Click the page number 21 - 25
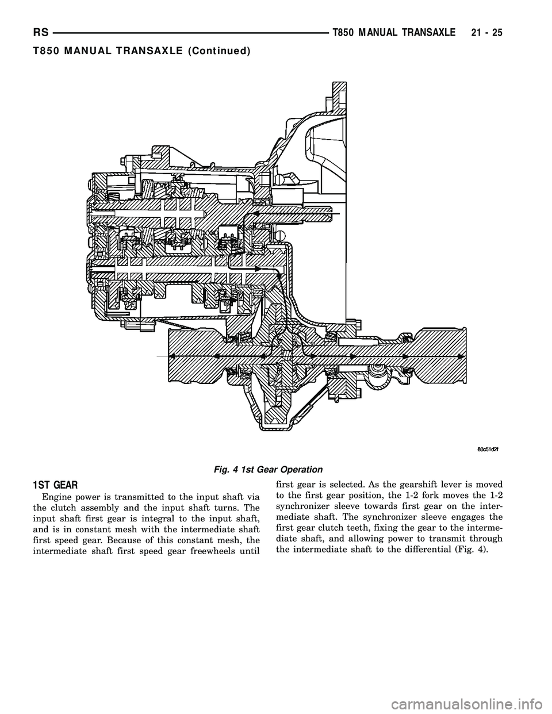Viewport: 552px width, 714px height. (x=486, y=33)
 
